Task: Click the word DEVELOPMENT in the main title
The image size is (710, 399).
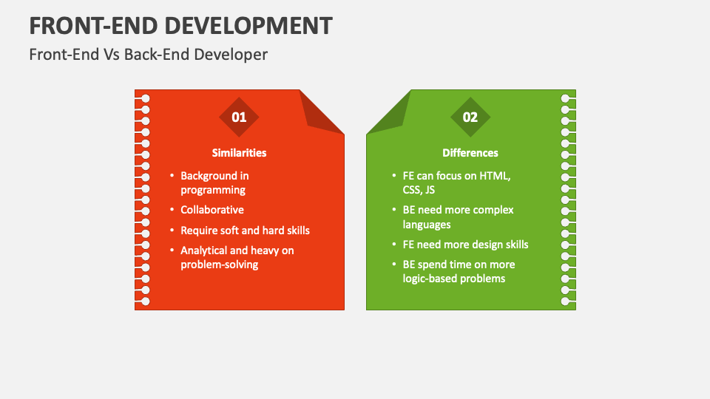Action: point(248,26)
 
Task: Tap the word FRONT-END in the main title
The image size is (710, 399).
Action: point(94,26)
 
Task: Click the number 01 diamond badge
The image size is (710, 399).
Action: point(239,117)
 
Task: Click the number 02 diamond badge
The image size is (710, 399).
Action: point(470,117)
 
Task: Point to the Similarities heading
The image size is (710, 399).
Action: point(239,153)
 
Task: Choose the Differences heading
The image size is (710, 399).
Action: point(470,153)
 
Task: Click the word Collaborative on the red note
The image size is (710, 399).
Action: point(212,210)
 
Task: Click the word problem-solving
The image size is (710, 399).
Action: point(219,265)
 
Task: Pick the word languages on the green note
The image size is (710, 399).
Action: point(427,225)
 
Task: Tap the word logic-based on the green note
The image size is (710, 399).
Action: point(430,279)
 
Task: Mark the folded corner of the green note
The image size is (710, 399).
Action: point(389,112)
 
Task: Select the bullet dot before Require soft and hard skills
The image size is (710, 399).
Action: point(172,231)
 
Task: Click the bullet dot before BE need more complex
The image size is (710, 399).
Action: point(394,210)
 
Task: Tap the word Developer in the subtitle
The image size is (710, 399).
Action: point(231,55)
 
